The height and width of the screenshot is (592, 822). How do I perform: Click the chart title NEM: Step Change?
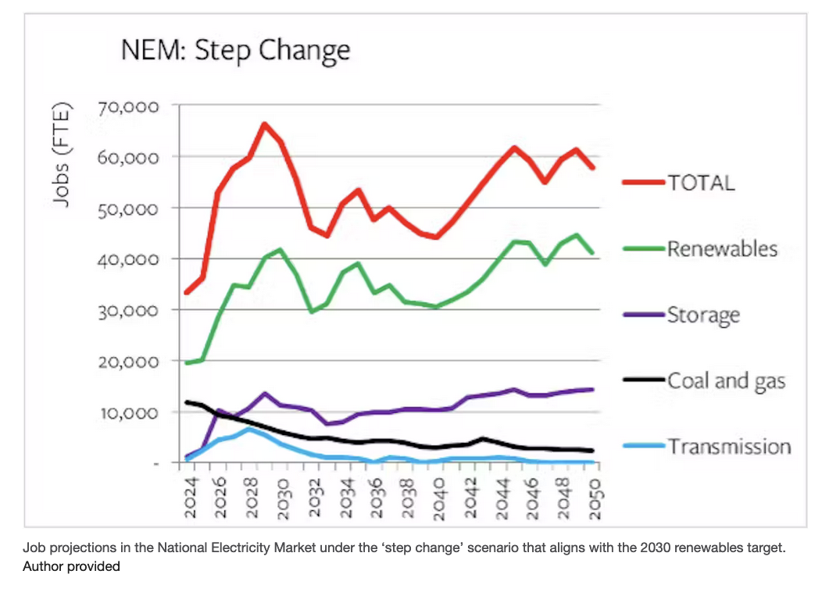235,51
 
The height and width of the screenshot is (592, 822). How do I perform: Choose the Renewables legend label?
722,248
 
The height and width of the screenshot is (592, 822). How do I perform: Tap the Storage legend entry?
702,316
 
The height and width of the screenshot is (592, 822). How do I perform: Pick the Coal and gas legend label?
726,381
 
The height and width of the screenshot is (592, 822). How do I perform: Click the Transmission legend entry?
728,447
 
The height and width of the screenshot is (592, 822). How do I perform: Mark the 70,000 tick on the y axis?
130,106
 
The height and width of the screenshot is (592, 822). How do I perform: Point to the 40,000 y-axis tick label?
130,259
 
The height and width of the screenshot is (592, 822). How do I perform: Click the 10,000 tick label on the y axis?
130,412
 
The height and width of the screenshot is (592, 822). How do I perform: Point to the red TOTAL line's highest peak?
264,124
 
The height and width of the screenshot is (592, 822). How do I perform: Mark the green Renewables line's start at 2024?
187,362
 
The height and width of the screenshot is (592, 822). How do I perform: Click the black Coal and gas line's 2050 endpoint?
593,451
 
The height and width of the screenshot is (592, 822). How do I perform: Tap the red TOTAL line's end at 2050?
593,167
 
